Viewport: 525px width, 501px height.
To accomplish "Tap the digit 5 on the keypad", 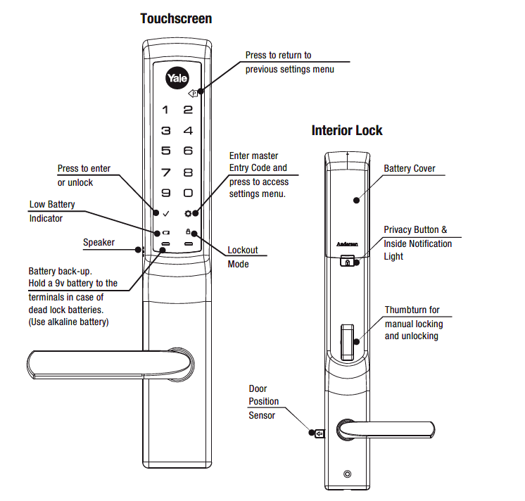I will click(x=165, y=151).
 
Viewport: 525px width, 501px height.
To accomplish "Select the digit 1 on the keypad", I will click(x=165, y=110).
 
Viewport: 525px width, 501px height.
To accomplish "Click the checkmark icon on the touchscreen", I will click(x=165, y=213).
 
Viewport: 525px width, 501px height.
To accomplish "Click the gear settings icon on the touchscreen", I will click(x=188, y=213).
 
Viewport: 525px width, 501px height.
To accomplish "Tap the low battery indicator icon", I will click(x=165, y=232).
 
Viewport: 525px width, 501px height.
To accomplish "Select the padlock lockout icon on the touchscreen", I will click(x=188, y=232).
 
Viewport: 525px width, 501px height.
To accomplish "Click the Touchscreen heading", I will click(x=176, y=18).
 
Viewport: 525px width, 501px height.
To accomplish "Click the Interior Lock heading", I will click(x=347, y=130).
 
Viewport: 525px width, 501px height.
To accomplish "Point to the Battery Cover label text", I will click(x=409, y=169).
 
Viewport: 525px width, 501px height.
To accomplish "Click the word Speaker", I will click(x=99, y=243).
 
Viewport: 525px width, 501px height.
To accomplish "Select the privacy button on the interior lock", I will click(x=348, y=262).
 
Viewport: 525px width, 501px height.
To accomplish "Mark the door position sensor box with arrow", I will click(x=319, y=433).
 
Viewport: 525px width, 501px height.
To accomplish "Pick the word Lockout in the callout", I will click(x=243, y=250).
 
